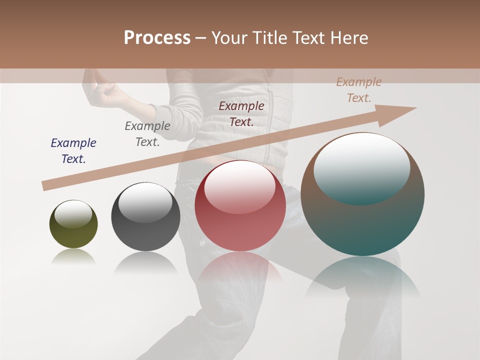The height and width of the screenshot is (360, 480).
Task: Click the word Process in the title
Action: point(157,38)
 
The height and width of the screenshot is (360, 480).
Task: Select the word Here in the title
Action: point(349,38)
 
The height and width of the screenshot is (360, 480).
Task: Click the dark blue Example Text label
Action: point(73,151)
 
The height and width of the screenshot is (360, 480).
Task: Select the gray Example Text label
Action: point(147,134)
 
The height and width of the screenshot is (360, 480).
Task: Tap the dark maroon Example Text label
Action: point(241,113)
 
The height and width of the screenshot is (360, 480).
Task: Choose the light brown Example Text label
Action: point(359,90)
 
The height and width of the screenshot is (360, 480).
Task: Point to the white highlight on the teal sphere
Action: point(361,167)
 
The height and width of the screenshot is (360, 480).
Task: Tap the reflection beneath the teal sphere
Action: point(362,280)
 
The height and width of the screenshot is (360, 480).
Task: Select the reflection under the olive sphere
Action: point(73,257)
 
